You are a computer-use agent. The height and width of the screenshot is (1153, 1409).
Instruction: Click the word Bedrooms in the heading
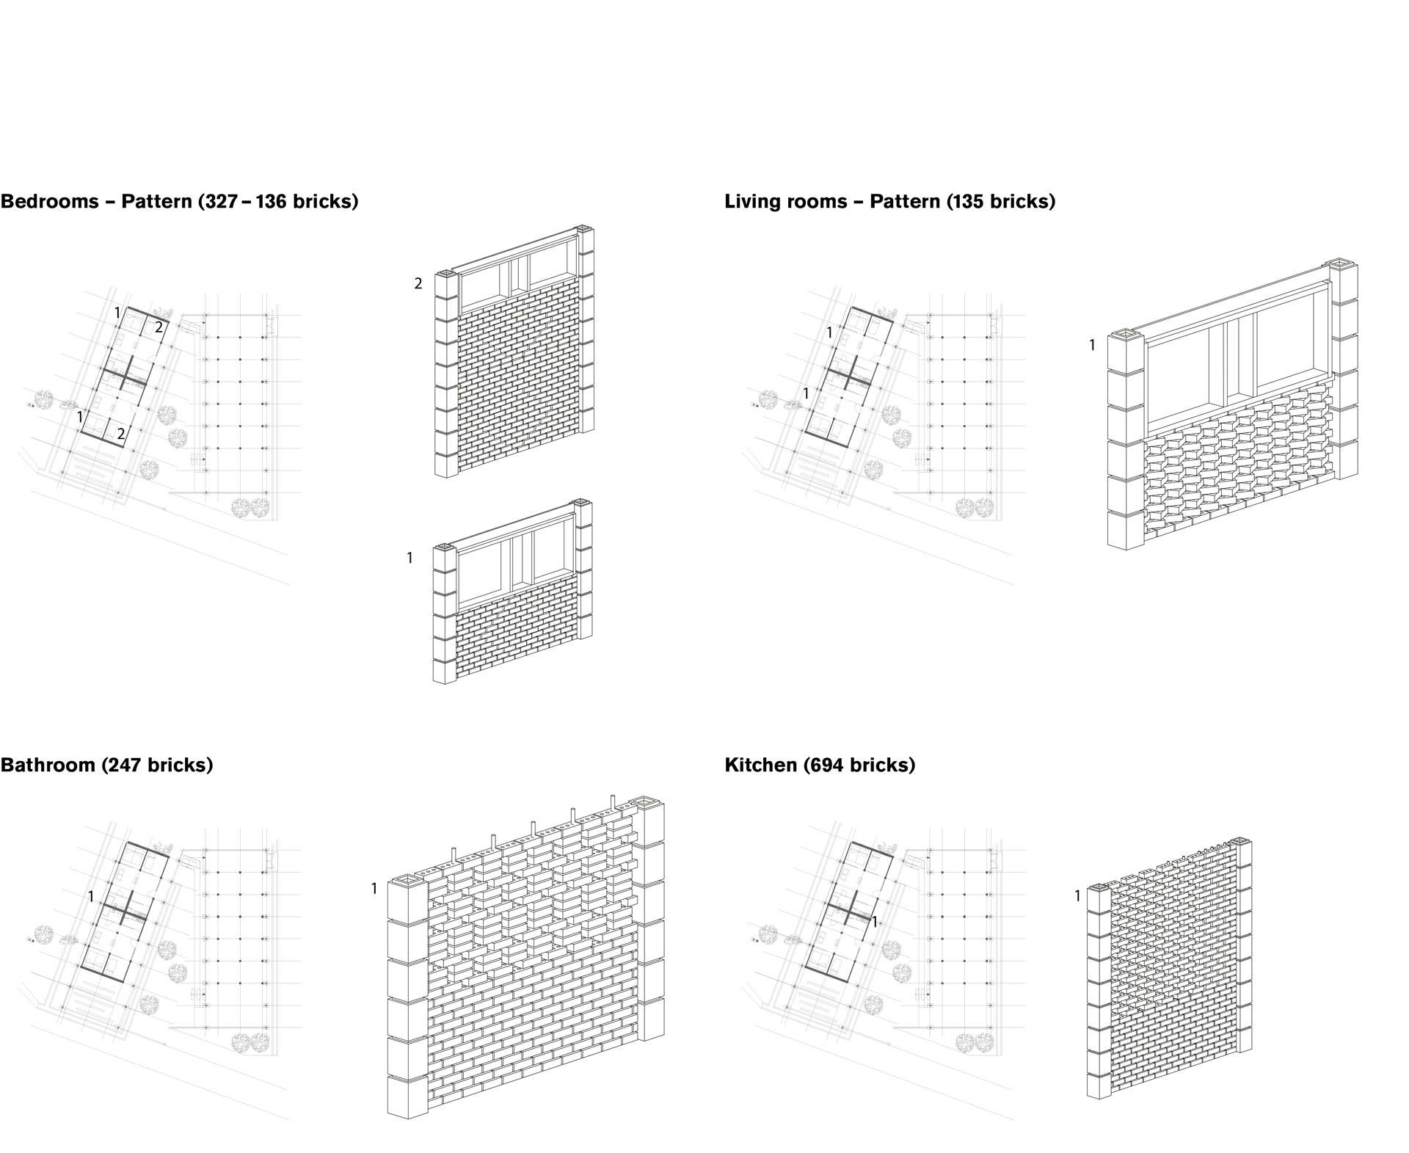[49, 202]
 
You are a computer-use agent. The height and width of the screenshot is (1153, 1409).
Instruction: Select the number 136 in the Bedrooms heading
[270, 202]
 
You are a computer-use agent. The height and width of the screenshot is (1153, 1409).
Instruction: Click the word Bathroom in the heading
[48, 765]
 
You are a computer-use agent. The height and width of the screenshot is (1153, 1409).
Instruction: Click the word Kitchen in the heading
[760, 765]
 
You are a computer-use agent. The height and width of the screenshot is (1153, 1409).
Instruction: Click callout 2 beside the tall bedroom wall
[418, 284]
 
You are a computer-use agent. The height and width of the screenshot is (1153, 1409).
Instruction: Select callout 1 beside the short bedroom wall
[410, 559]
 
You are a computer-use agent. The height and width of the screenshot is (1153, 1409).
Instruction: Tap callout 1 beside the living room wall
[1092, 345]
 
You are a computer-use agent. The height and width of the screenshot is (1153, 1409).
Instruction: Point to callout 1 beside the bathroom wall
[374, 889]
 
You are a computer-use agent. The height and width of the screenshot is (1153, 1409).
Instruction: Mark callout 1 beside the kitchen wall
[1077, 896]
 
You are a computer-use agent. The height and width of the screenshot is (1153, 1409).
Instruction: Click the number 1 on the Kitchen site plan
[874, 921]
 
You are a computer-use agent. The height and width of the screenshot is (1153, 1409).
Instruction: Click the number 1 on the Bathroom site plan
[91, 897]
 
